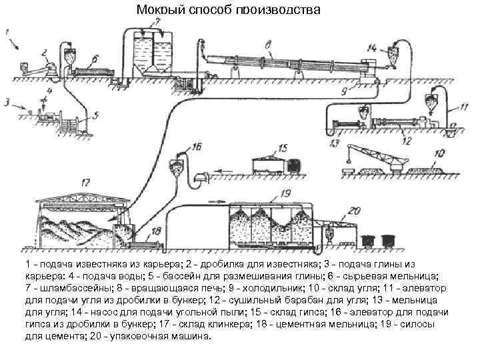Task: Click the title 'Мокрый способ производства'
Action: (229, 10)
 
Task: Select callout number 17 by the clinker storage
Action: (85, 181)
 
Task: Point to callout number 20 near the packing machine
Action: (354, 211)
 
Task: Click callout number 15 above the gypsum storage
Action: (283, 148)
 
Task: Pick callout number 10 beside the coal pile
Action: (438, 154)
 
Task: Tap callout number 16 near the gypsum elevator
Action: (195, 146)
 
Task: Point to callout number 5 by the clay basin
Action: (95, 115)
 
